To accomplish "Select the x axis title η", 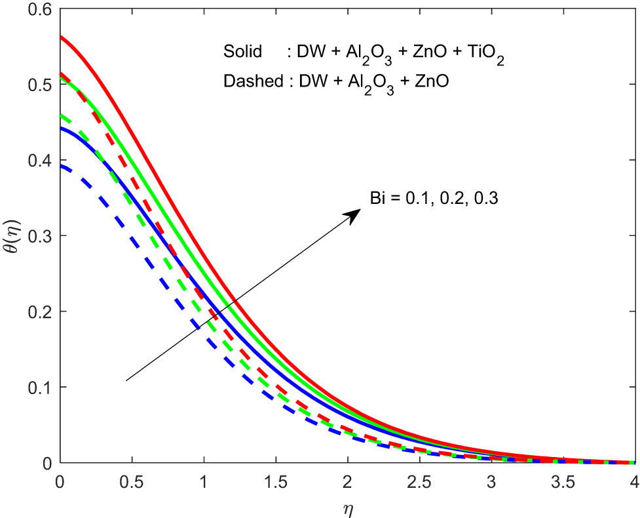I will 347,507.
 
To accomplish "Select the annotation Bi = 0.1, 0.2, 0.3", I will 433,197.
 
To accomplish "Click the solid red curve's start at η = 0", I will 60,37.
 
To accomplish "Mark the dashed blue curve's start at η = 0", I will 60,166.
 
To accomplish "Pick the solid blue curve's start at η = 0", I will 60,128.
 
